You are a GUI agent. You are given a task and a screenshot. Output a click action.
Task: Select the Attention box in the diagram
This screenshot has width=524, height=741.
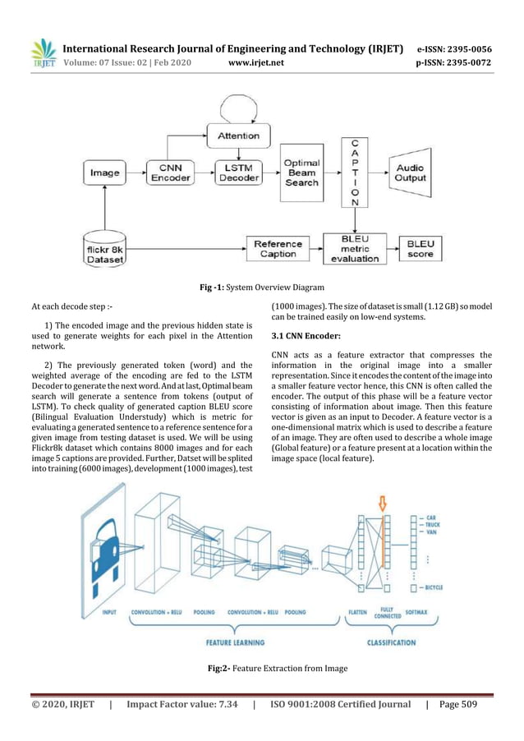click(237, 135)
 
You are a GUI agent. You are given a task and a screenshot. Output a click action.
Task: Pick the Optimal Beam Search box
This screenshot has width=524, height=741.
click(301, 173)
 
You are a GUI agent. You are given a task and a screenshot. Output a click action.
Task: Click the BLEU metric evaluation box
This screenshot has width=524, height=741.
click(355, 247)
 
